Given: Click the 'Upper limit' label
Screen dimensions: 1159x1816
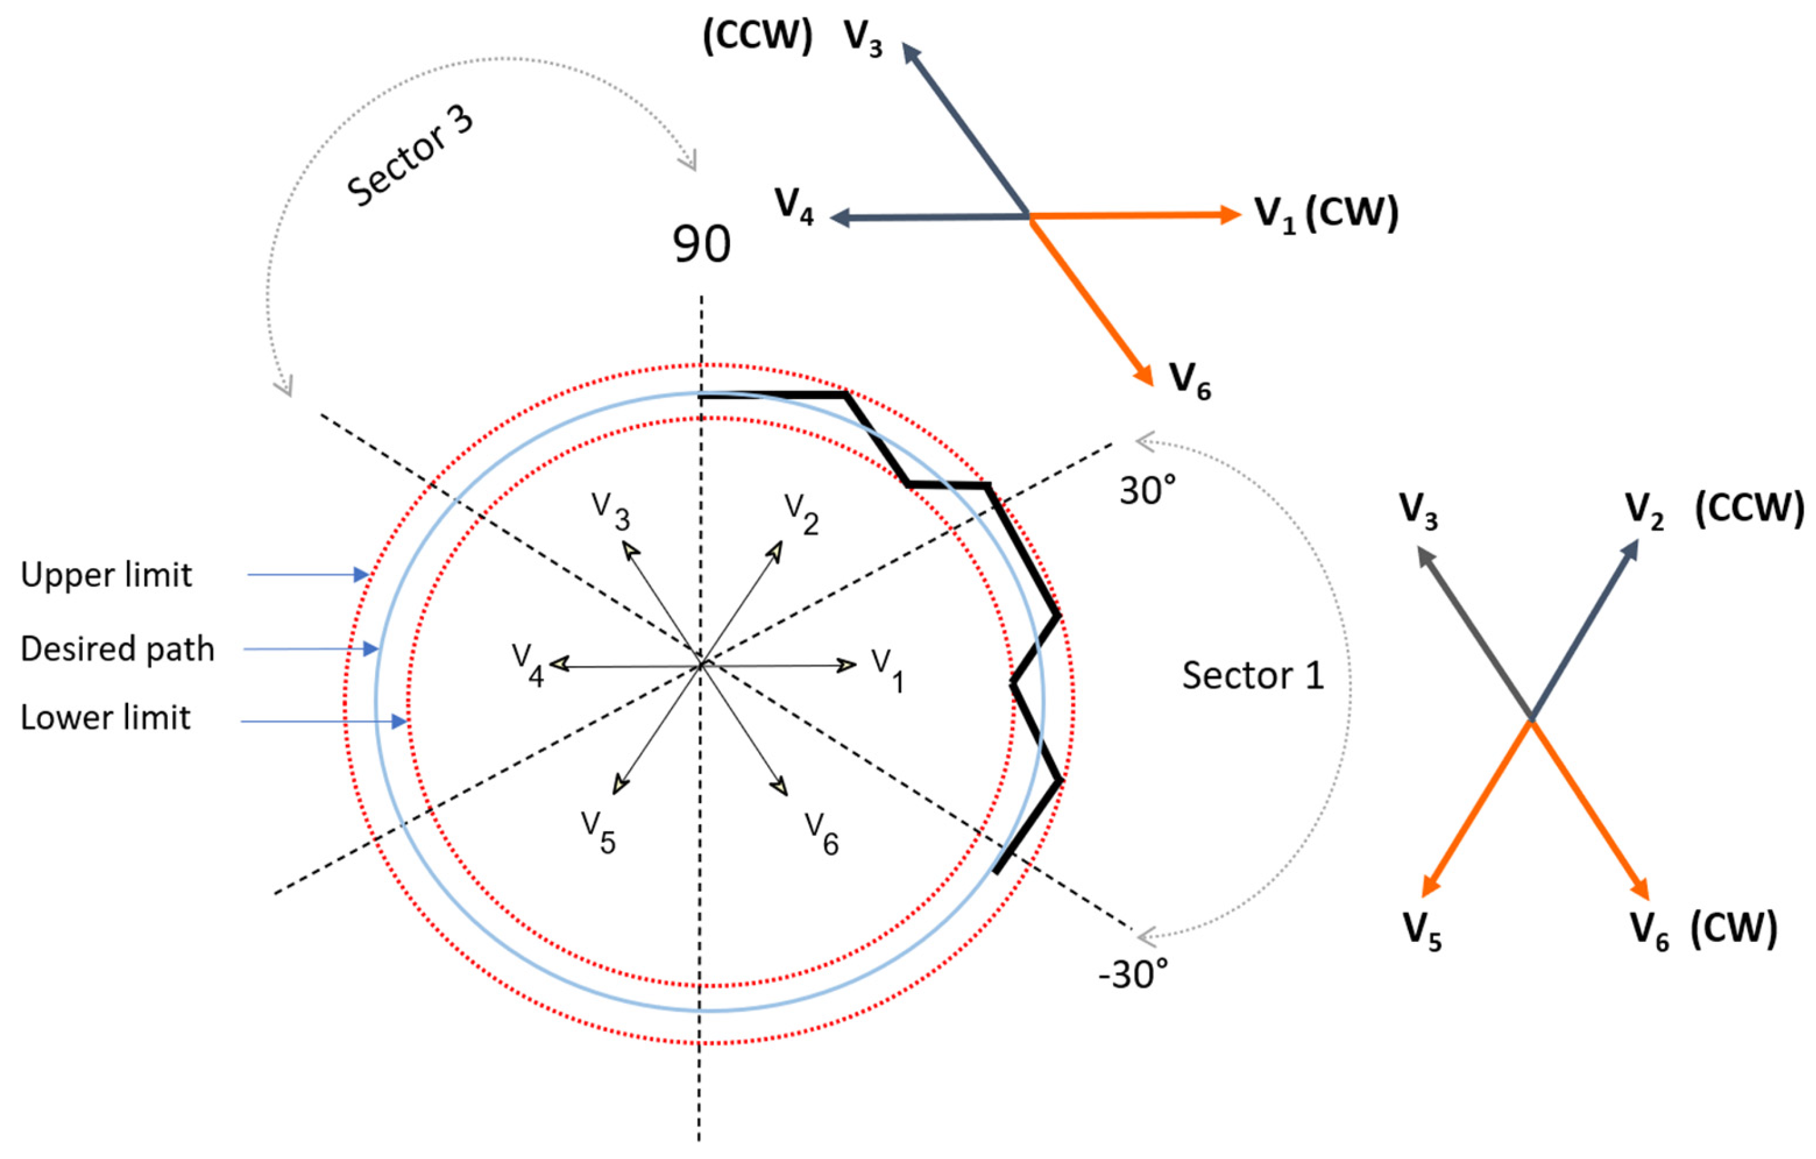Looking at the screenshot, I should [106, 575].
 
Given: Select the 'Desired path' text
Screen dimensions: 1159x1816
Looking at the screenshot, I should [118, 649].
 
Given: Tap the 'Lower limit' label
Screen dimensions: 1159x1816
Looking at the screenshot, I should [106, 718].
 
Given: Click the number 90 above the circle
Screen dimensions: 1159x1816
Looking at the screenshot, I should [702, 244].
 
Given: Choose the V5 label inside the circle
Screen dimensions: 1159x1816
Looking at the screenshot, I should [599, 832].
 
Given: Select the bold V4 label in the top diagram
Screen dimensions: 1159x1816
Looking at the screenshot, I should [794, 205].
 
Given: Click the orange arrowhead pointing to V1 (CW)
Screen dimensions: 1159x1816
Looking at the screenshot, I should [1230, 215].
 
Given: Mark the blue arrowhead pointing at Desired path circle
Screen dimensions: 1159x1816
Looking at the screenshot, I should [370, 648].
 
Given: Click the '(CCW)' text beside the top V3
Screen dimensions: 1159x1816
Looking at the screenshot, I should [757, 35].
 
